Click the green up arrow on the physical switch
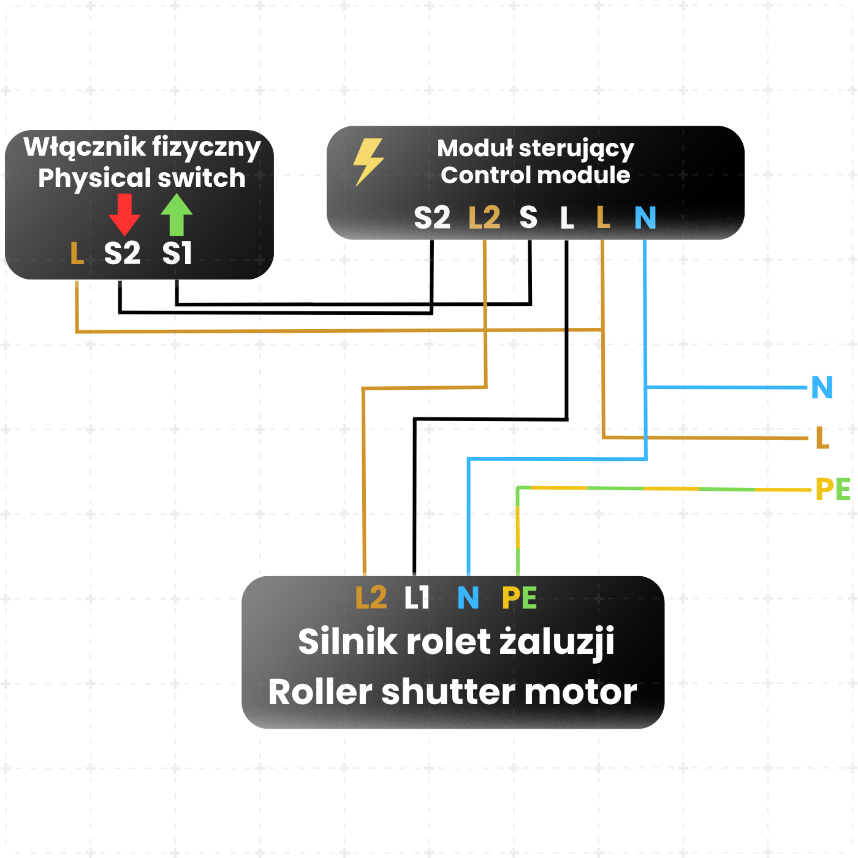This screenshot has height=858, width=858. pyautogui.click(x=177, y=214)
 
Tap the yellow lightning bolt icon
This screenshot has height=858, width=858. pyautogui.click(x=368, y=161)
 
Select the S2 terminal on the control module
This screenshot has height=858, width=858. pyautogui.click(x=432, y=218)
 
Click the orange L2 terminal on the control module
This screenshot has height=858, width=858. pyautogui.click(x=484, y=218)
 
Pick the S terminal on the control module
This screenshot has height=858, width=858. pyautogui.click(x=528, y=218)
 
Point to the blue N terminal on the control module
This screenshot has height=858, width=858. pyautogui.click(x=645, y=218)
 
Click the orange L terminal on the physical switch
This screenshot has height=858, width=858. pyautogui.click(x=77, y=253)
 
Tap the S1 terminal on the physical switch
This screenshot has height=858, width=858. pyautogui.click(x=177, y=253)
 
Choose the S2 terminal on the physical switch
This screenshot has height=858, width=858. pyautogui.click(x=122, y=253)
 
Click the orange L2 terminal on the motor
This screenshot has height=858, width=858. pyautogui.click(x=371, y=598)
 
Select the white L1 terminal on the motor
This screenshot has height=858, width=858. pyautogui.click(x=417, y=598)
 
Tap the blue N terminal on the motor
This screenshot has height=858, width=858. pyautogui.click(x=468, y=598)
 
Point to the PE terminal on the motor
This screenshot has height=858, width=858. pyautogui.click(x=519, y=598)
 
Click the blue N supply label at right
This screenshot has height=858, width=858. pyautogui.click(x=822, y=387)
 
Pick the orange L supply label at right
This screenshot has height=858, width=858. pyautogui.click(x=822, y=438)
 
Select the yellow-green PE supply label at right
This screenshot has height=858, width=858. pyautogui.click(x=833, y=490)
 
